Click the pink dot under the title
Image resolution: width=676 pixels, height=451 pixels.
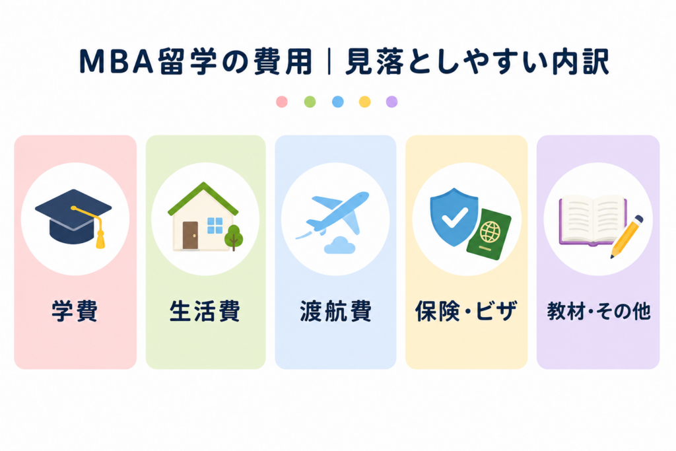coord(281,102)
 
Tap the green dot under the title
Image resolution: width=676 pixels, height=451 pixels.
coord(310,102)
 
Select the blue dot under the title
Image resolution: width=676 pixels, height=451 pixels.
coord(337,102)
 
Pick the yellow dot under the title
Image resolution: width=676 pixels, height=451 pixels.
coord(364,102)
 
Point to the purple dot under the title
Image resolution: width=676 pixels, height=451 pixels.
coord(391,102)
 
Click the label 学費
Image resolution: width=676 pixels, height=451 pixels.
coord(75,311)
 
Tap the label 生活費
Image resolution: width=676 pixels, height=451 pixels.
coord(205,311)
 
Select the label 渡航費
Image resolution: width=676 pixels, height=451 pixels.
coord(335,311)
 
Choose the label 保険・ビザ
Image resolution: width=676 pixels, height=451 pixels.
coord(466,311)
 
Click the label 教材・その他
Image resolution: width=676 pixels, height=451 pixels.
coord(598,311)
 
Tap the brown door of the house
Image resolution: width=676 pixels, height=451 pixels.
coord(190,235)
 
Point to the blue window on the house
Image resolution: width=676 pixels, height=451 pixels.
coord(215,226)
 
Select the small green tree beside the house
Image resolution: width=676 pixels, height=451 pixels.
coord(234,237)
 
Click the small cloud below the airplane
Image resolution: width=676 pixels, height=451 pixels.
coord(340,245)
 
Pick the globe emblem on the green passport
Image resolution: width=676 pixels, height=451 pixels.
coord(490,232)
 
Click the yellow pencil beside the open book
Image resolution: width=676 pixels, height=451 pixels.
coord(626,236)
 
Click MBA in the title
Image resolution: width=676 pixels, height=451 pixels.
coord(116,62)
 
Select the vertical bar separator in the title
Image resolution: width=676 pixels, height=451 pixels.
coord(329,62)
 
